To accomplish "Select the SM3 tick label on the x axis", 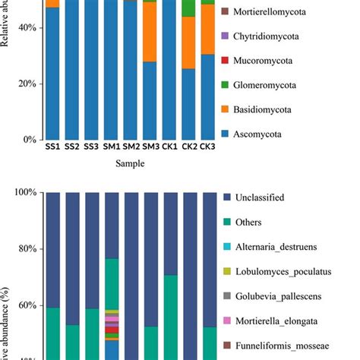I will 150,147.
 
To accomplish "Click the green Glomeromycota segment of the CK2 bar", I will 188,8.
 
